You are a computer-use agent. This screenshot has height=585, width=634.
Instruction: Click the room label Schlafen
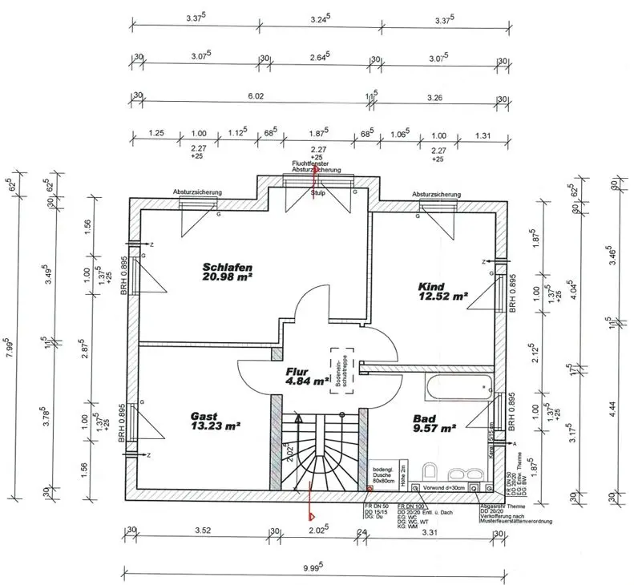(228, 267)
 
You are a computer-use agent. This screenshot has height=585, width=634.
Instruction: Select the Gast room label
(204, 416)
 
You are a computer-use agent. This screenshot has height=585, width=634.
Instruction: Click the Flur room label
(299, 372)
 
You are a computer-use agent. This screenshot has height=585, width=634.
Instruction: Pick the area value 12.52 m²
(442, 296)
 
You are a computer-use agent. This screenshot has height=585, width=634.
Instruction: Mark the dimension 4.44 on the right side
(613, 416)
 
